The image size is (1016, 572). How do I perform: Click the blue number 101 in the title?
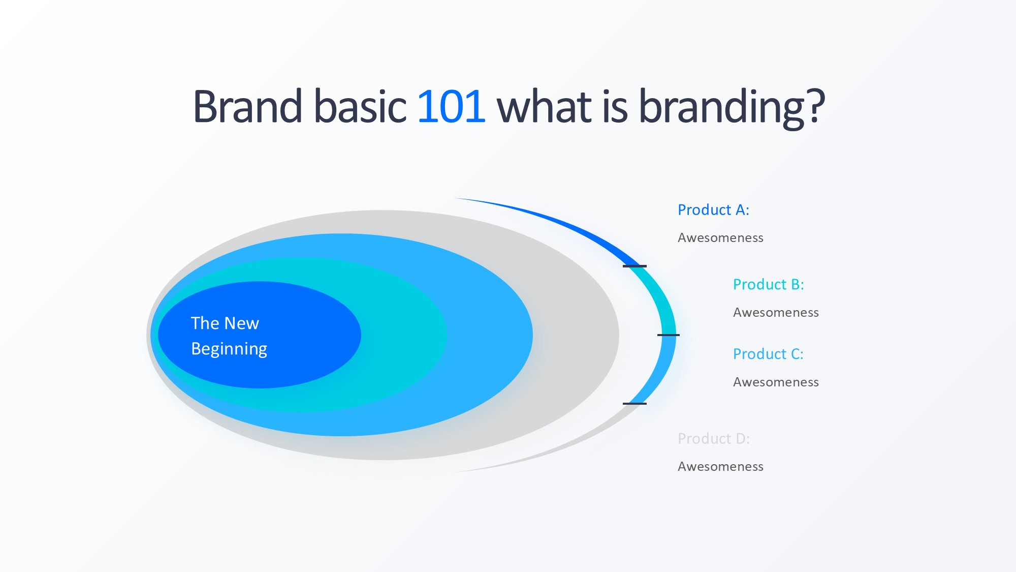pos(451,106)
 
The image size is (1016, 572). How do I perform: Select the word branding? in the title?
pos(732,108)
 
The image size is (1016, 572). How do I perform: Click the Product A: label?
pos(713,210)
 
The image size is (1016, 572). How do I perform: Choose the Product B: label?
pos(769,285)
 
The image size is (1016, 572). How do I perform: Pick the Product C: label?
pos(768,354)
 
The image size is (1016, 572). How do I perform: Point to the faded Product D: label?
pos(714,439)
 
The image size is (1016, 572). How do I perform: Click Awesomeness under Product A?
pos(720,238)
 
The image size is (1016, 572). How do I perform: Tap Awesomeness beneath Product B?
pos(776,313)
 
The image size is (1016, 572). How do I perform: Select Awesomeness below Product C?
pos(776,382)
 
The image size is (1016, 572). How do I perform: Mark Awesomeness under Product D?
pos(720,467)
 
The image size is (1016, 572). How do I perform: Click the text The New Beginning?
pos(229,336)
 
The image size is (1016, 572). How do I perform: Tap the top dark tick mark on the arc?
pos(634,266)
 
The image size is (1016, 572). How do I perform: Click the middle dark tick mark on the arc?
pos(668,335)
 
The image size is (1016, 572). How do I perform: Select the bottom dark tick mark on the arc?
pos(634,404)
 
